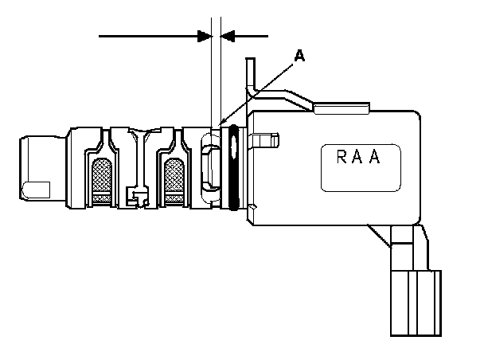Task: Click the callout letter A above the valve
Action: pos(299,55)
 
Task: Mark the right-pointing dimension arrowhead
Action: pos(204,35)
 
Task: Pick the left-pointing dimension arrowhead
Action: pos(228,35)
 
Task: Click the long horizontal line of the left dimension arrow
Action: pos(147,35)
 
